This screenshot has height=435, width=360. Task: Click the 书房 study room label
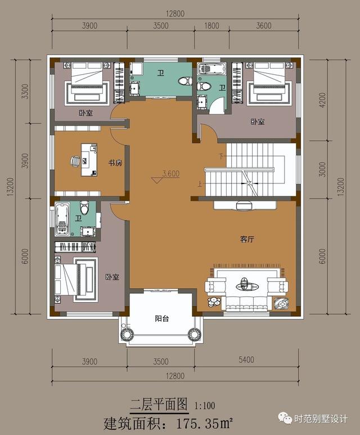(x=115, y=163)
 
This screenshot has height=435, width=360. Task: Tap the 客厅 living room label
(x=247, y=239)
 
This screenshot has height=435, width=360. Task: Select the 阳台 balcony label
(x=161, y=319)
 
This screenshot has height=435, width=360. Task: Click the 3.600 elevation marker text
(x=171, y=174)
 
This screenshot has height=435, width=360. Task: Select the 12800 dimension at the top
(x=175, y=14)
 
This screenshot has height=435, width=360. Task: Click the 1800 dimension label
(x=212, y=26)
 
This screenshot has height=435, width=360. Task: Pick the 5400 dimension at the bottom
(x=246, y=360)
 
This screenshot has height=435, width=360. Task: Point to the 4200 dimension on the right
(x=322, y=100)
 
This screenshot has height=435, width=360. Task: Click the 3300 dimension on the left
(x=25, y=92)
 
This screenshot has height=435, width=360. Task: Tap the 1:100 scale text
(x=205, y=406)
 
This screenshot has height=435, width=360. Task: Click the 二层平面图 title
(x=159, y=403)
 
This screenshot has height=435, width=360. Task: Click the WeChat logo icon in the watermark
(x=285, y=418)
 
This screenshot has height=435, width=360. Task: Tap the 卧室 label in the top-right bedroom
(x=258, y=122)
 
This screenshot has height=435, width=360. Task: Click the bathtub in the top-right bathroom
(x=211, y=69)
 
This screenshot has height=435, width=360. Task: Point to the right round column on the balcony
(x=194, y=334)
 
